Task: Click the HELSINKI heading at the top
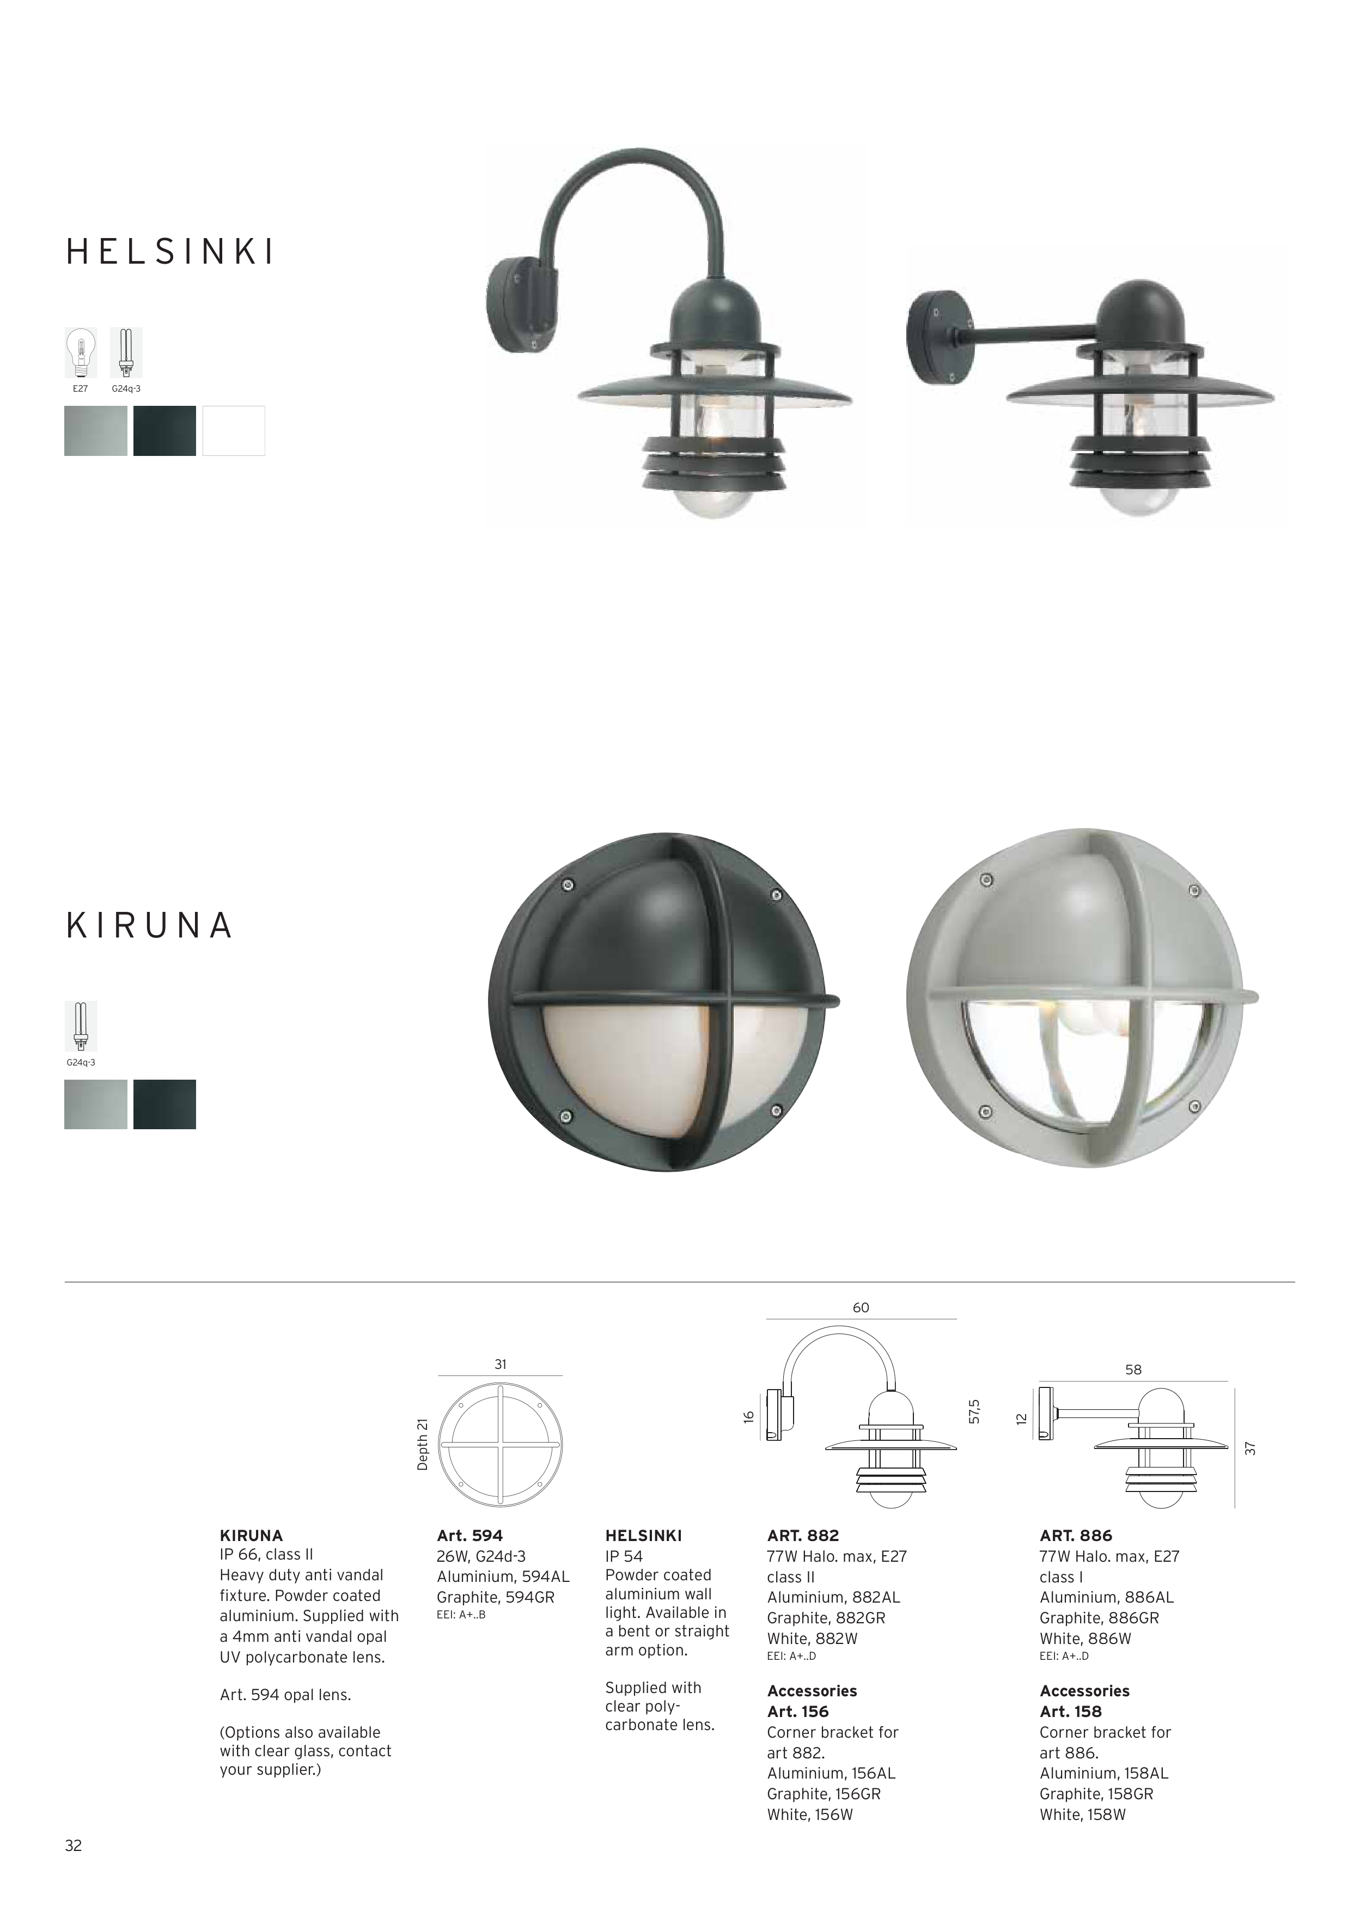tap(170, 252)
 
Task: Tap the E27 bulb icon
tap(81, 353)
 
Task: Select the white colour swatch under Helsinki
tap(234, 431)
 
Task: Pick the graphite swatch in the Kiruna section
tap(164, 1105)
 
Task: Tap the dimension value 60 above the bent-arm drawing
tap(861, 1308)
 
